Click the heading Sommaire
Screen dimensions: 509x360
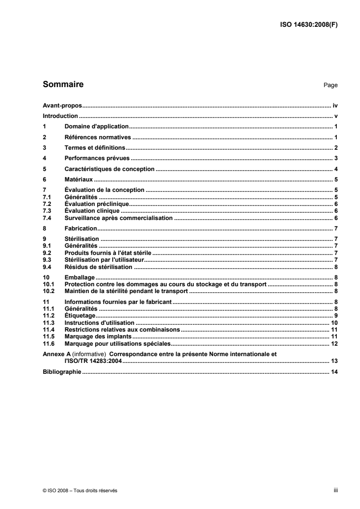(63, 84)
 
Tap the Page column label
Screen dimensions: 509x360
(330, 85)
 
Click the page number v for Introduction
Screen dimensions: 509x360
(336, 116)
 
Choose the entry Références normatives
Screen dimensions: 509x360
(98, 137)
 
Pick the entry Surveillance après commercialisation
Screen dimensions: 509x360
(118, 218)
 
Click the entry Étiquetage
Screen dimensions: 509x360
(79, 315)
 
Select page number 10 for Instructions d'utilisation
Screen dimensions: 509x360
(334, 322)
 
